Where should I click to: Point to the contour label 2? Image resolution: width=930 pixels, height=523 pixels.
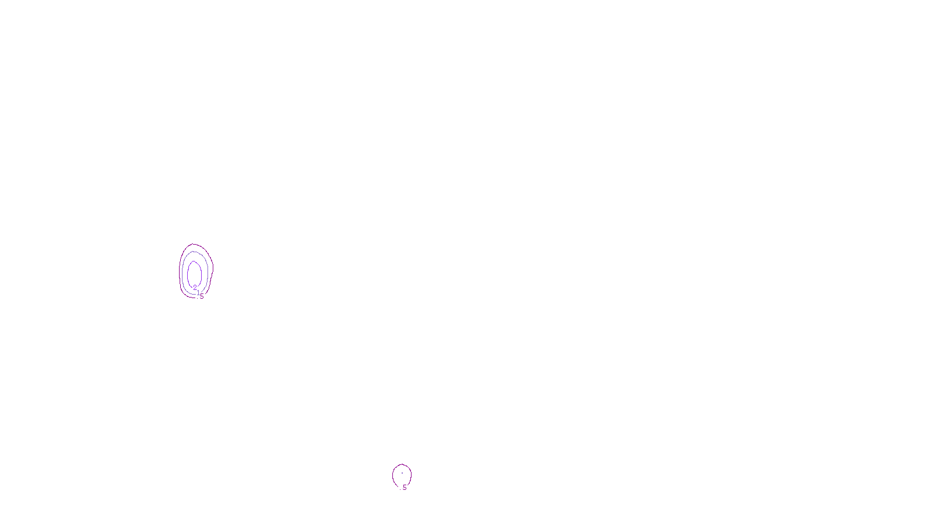[195, 287]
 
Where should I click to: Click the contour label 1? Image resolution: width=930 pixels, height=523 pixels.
[198, 292]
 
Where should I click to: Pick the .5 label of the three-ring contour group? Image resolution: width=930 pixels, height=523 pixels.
[202, 296]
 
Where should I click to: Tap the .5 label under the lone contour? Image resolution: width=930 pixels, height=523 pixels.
[403, 488]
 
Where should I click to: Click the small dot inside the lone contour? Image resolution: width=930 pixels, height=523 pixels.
[402, 473]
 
